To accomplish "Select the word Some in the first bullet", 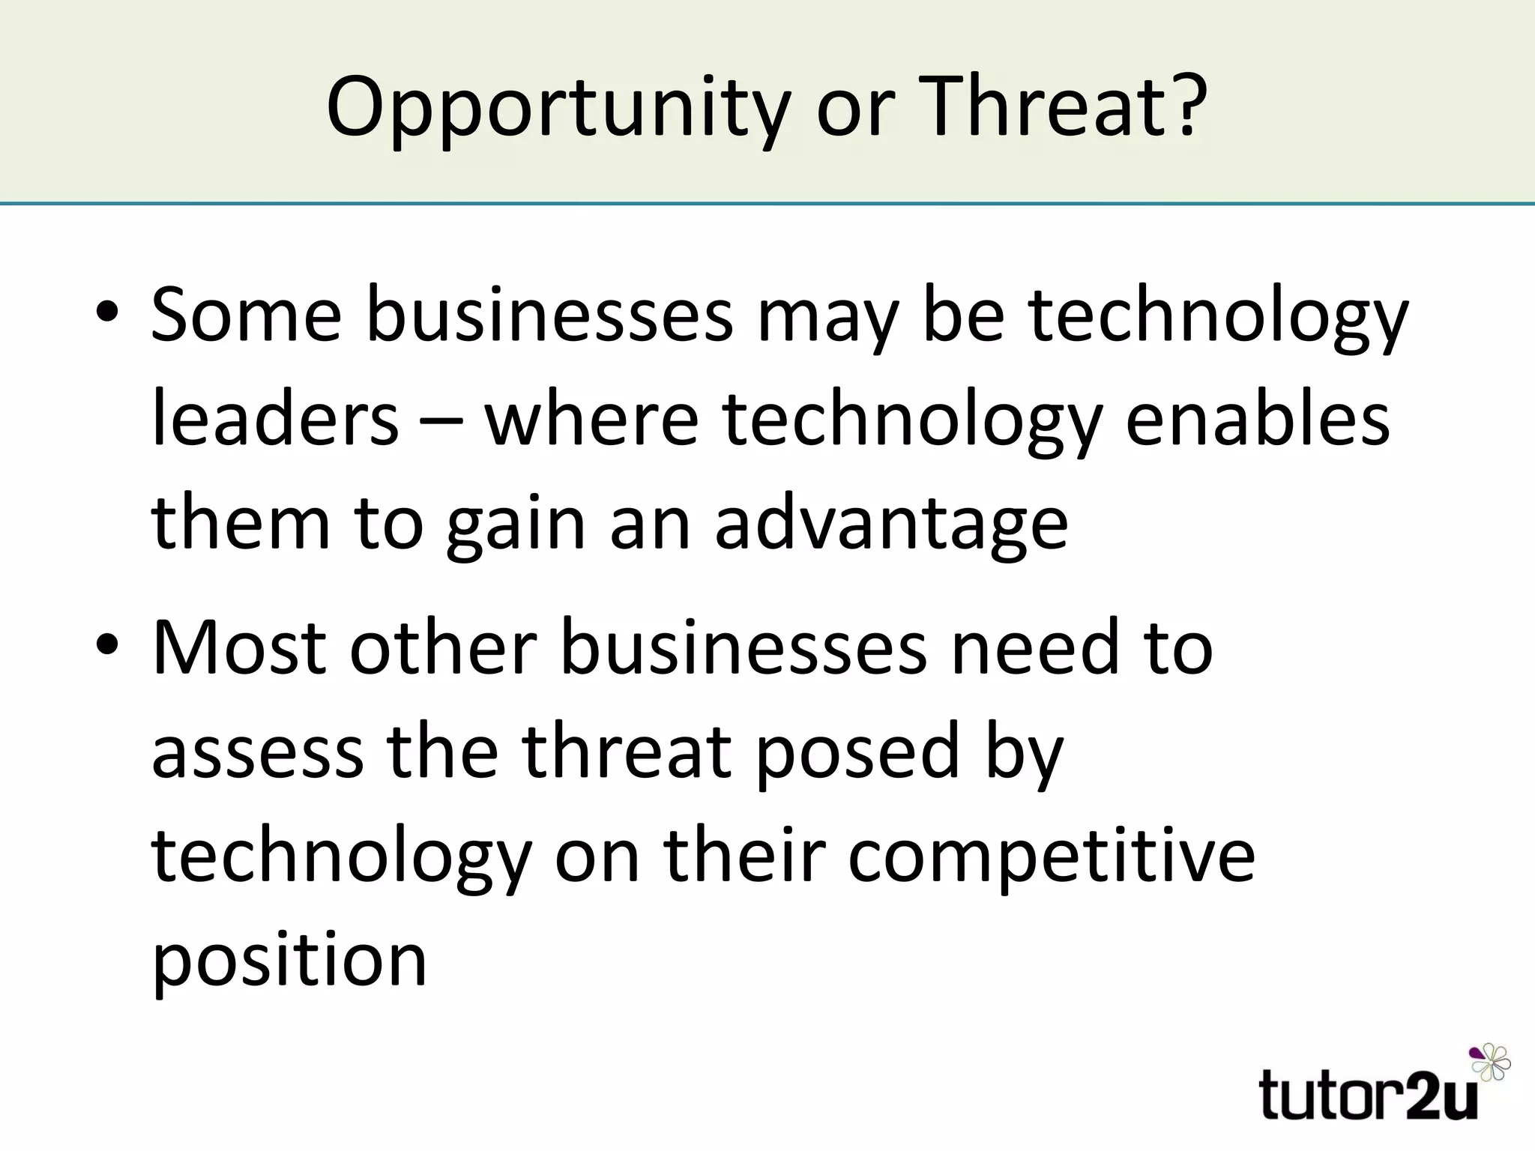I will point(246,315).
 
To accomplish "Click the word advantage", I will point(891,525).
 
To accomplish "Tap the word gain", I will point(516,525).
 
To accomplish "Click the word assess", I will point(258,751).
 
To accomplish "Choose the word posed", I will point(857,751).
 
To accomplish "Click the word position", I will point(289,961).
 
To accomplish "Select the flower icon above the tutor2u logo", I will point(1490,1062).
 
